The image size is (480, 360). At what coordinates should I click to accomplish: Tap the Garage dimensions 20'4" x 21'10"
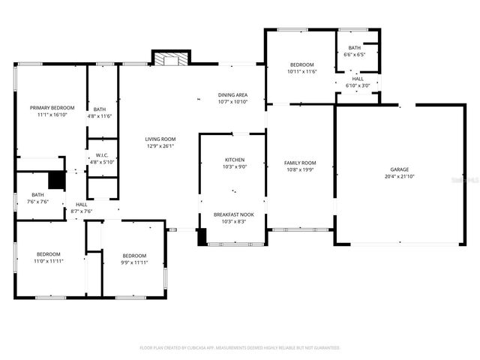pos(399,177)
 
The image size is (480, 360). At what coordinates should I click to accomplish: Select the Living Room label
pos(160,139)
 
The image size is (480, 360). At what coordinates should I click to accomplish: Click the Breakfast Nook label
pos(233,214)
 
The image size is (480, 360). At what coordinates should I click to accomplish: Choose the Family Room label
pos(299,163)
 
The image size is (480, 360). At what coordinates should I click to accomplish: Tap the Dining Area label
pos(232,94)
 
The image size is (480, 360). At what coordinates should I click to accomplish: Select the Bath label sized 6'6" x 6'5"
pos(354,48)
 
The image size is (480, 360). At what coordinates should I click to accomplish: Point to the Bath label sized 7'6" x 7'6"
pos(37,195)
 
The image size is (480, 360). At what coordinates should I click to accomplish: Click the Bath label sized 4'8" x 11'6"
pos(100,109)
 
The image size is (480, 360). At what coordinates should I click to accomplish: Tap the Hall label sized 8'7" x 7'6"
pos(81,205)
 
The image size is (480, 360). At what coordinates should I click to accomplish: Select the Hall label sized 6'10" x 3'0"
pos(358,79)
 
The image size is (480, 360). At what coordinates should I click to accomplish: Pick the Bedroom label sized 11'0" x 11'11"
pos(48,254)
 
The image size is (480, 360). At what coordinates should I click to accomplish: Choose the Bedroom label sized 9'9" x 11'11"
pos(134,255)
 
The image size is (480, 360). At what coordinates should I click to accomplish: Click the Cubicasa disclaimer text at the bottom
pos(240,348)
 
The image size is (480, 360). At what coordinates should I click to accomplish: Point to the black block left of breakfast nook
pos(202,236)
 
